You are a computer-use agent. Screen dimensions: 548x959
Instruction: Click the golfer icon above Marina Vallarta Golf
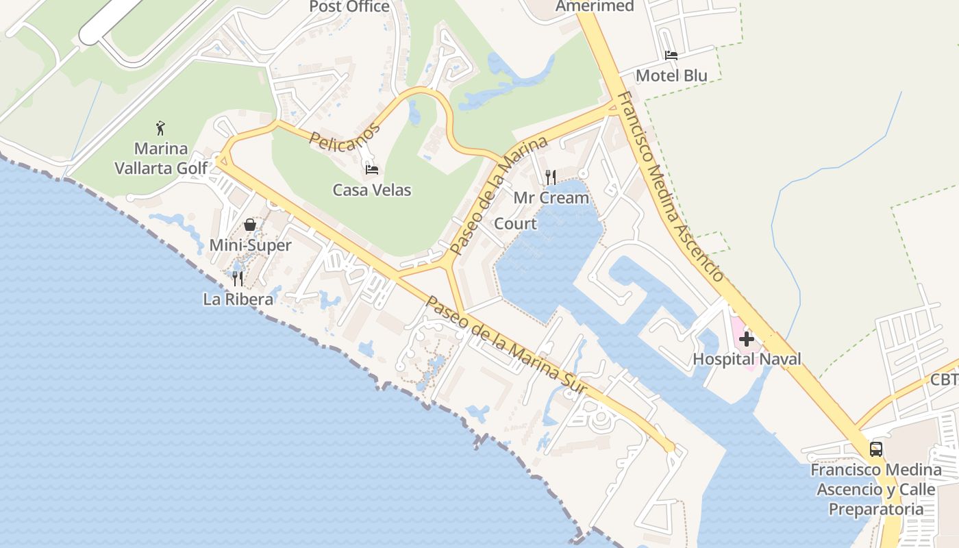(161, 128)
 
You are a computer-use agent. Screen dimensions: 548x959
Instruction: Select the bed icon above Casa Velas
(372, 169)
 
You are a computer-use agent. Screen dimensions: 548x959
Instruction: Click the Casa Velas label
(372, 190)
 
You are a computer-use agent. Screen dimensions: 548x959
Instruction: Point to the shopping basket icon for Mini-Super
(250, 225)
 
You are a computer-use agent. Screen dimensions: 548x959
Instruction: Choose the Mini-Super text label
(250, 245)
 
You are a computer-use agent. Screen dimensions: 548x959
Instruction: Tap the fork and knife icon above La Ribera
(238, 278)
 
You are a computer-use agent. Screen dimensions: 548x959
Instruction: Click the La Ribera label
(238, 299)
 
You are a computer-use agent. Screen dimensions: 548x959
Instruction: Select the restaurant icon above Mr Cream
(551, 177)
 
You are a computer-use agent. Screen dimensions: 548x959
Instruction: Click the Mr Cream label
(551, 198)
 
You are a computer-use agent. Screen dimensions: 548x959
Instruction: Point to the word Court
(515, 224)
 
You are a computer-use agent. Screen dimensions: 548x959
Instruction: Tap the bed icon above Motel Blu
(671, 55)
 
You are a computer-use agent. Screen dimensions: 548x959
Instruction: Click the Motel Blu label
(671, 75)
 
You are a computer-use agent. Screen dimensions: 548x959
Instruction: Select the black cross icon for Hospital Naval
(747, 338)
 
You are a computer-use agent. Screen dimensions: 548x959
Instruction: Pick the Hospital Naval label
(747, 359)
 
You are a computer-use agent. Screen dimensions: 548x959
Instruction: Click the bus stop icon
(875, 449)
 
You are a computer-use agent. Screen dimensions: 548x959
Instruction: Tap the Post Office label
(349, 7)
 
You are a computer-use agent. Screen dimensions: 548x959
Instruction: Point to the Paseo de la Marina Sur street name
(506, 346)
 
